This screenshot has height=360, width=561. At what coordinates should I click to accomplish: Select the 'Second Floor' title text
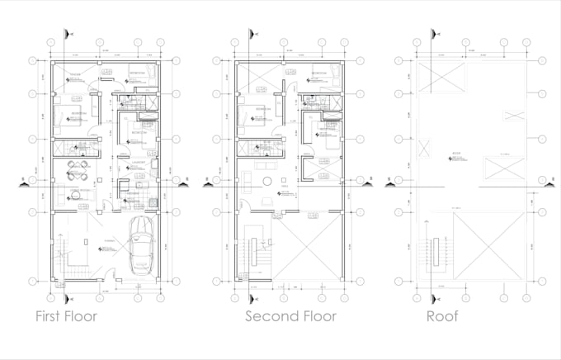[290, 316]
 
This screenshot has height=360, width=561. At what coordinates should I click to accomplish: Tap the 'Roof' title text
[443, 316]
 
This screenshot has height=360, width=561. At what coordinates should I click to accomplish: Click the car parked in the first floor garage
[142, 245]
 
